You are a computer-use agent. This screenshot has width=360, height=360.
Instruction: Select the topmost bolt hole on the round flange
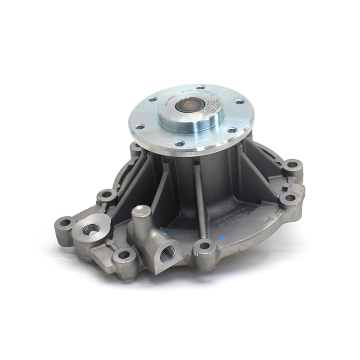click(x=201, y=87)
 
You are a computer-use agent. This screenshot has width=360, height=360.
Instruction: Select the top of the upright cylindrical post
click(x=141, y=211)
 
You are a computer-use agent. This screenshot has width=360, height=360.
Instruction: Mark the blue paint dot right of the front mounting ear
click(x=222, y=239)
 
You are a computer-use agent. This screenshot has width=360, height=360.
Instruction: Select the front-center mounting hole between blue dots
click(x=205, y=246)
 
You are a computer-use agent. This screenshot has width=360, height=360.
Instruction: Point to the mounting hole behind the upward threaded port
click(x=107, y=196)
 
